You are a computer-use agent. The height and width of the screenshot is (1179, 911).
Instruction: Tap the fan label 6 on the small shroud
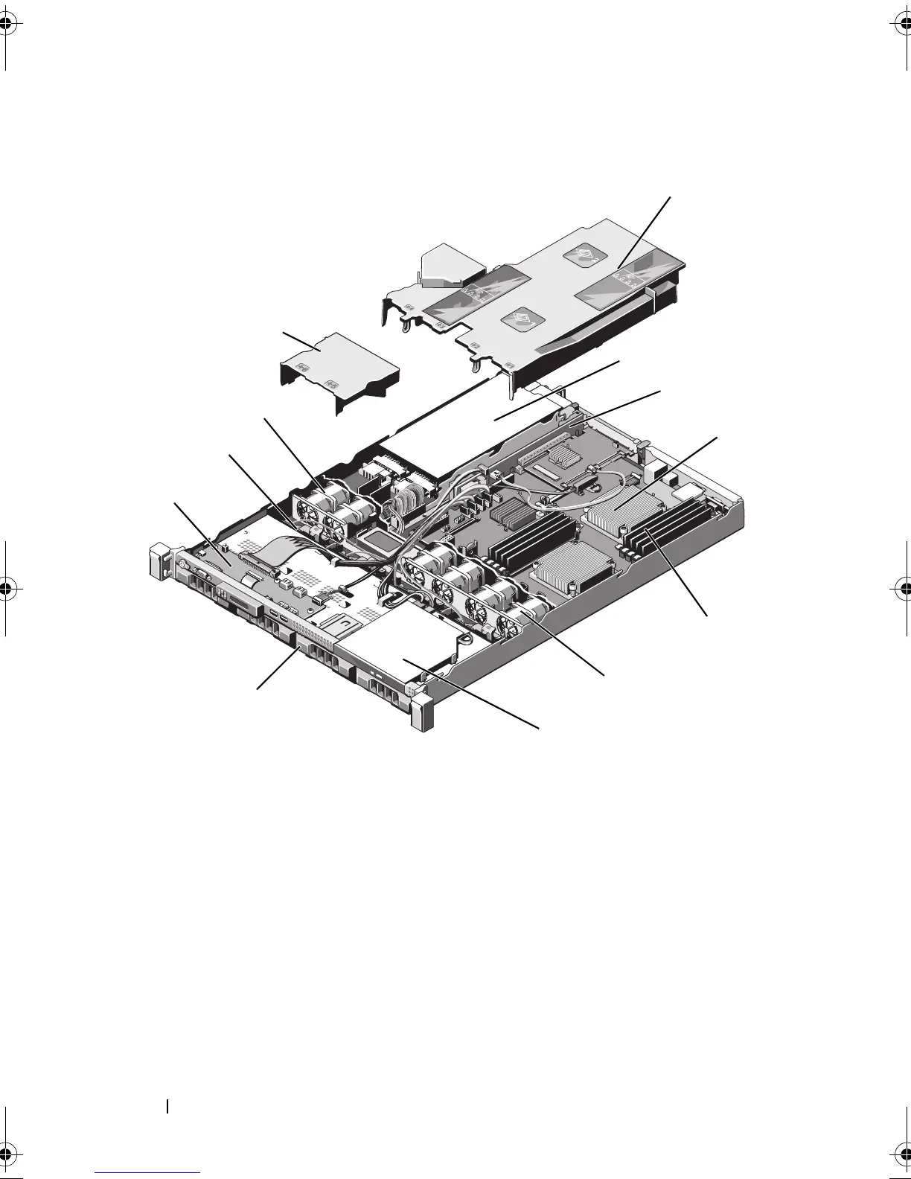point(302,367)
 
